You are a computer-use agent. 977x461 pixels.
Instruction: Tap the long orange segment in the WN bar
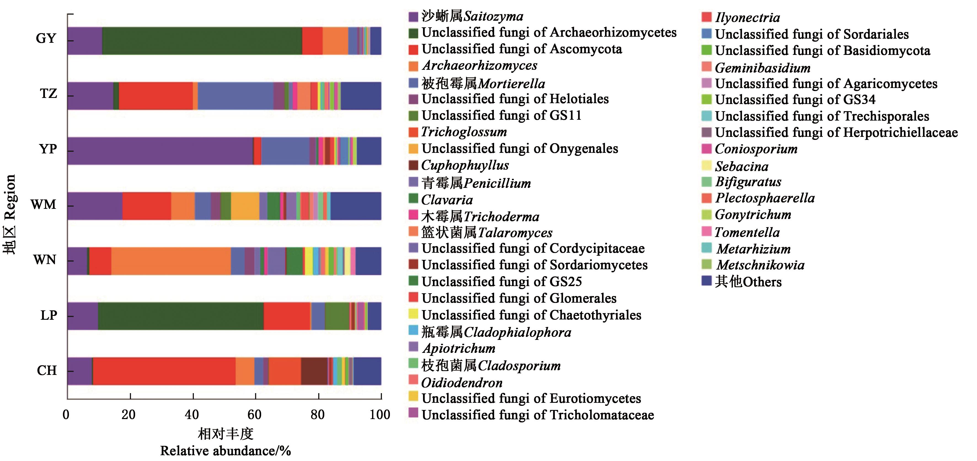(x=171, y=261)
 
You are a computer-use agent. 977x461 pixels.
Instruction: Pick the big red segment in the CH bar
(x=164, y=371)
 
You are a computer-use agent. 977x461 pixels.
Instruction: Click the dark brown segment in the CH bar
(x=314, y=371)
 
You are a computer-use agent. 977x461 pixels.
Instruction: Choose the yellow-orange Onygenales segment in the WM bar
(x=245, y=206)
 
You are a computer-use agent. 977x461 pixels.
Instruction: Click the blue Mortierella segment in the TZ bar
(x=235, y=96)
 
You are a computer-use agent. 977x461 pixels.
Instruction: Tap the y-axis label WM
(x=43, y=205)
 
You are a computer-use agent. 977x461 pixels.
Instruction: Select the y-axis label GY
(x=46, y=38)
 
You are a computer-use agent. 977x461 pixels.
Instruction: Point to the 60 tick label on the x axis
(x=255, y=415)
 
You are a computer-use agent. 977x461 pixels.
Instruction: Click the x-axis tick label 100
(x=380, y=415)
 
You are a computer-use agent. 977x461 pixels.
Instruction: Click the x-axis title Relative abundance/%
(x=225, y=451)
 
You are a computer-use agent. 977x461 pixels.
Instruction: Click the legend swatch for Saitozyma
(x=413, y=17)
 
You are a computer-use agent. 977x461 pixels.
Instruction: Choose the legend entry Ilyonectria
(x=747, y=17)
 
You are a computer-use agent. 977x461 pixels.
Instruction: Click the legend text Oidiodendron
(x=462, y=382)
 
